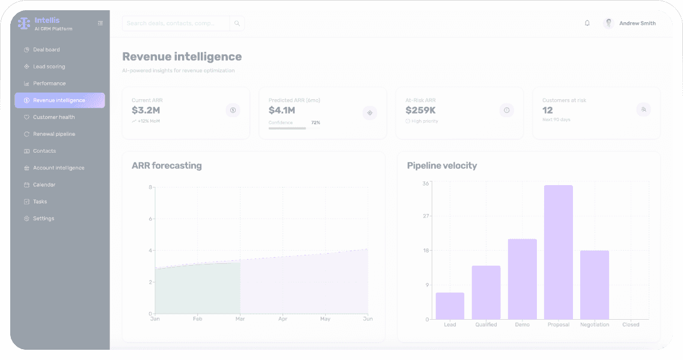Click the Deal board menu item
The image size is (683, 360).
(46, 50)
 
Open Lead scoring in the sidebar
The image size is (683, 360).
(49, 67)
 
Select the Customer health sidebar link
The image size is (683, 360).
(54, 117)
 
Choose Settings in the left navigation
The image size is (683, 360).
(43, 218)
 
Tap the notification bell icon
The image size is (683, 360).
(587, 23)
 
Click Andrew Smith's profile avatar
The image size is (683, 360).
(608, 23)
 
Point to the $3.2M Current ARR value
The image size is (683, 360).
(146, 111)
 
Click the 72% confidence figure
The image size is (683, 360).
(316, 123)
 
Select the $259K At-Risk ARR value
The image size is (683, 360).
(420, 111)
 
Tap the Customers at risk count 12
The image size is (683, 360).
(548, 111)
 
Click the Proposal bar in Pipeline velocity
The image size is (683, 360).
(559, 252)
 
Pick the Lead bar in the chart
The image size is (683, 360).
(450, 306)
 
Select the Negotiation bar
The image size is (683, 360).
(595, 285)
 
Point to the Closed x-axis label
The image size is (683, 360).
(631, 325)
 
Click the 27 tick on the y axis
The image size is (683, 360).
(426, 216)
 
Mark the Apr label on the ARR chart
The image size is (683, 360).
(283, 319)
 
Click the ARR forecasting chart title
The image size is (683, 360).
(167, 165)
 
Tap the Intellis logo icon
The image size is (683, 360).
(24, 23)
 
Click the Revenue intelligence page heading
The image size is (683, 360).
(182, 56)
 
